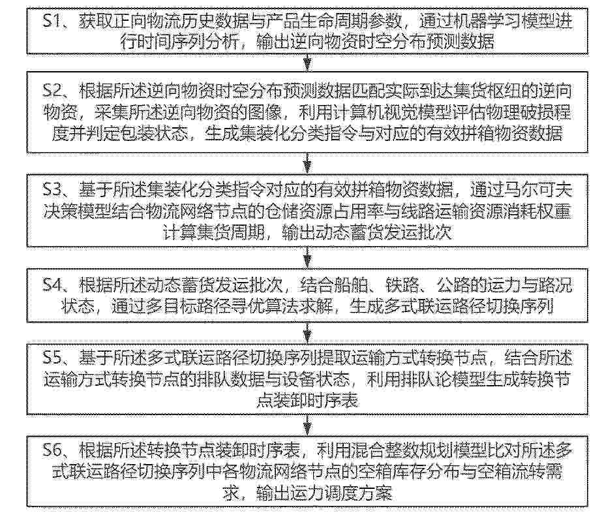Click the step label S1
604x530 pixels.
pyautogui.click(x=52, y=20)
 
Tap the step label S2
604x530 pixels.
pyautogui.click(x=52, y=91)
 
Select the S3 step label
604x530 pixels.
pyautogui.click(x=52, y=190)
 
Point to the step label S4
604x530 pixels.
pyautogui.click(x=52, y=285)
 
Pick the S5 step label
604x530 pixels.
pyautogui.click(x=52, y=358)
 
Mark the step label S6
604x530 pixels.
pyautogui.click(x=52, y=450)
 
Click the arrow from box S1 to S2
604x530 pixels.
pyautogui.click(x=307, y=63)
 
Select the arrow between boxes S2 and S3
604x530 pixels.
pyautogui.click(x=307, y=163)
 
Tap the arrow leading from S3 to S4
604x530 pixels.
pyautogui.click(x=307, y=257)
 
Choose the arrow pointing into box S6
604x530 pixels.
pyautogui.click(x=307, y=425)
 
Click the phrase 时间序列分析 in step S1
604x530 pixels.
pyautogui.click(x=189, y=42)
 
